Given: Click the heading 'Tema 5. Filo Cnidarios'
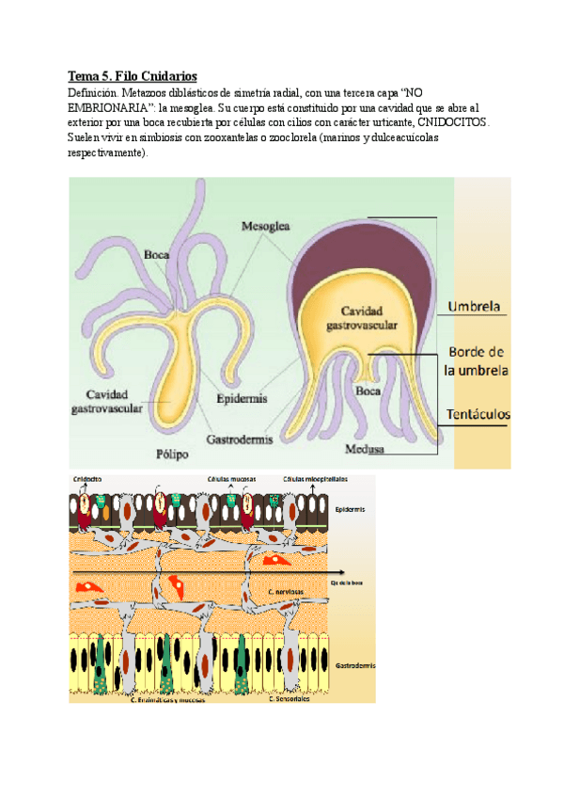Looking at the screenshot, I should [x=133, y=75].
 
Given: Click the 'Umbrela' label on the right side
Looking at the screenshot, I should [x=478, y=306].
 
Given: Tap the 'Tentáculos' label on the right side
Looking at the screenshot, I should [x=478, y=413].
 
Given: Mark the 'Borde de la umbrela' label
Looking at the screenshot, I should [x=477, y=360].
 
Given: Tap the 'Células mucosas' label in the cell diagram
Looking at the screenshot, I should [x=230, y=479].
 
